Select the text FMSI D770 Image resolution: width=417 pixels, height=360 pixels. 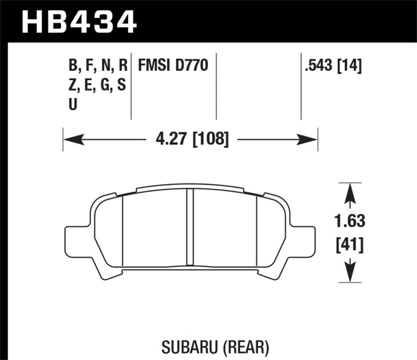tap(173, 66)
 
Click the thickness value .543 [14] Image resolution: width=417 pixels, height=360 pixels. tap(332, 66)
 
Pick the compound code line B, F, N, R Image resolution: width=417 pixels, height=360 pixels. tap(97, 66)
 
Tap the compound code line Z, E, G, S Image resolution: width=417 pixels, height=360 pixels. tap(97, 85)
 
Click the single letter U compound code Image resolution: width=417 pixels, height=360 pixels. tap(73, 104)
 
